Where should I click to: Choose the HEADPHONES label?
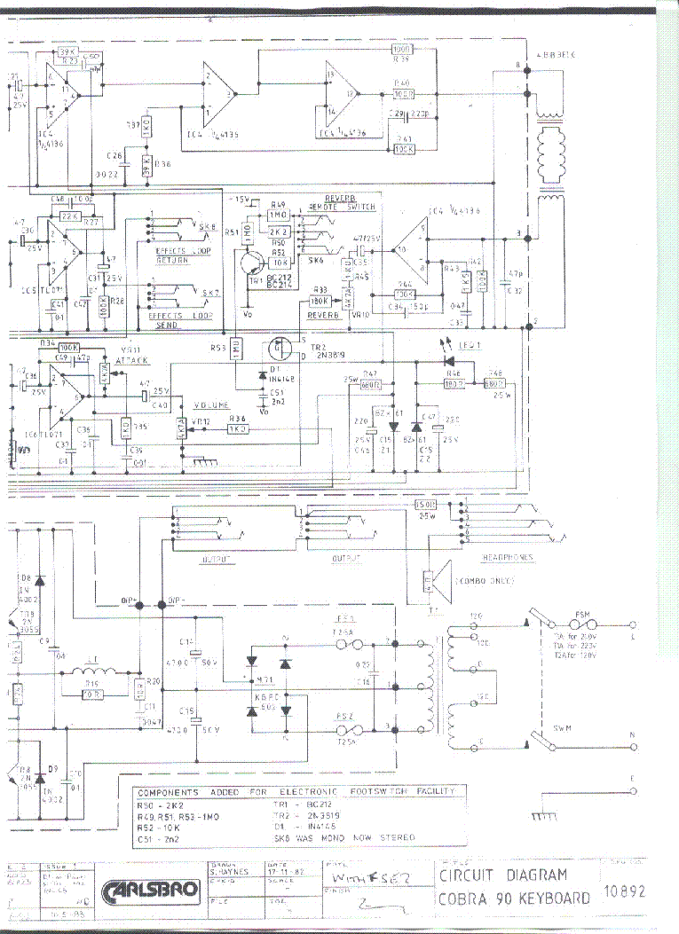coord(508,558)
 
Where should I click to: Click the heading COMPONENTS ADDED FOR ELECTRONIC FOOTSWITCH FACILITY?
coord(294,790)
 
